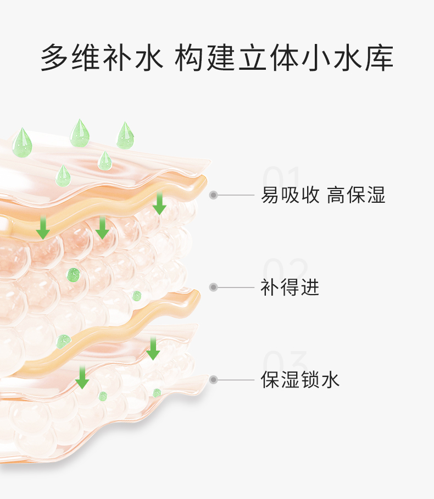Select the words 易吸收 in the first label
pos(291,195)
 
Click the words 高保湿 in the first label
pos(357,195)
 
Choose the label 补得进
pos(290,287)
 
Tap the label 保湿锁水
pos(301,380)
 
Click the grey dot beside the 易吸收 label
pos(214,195)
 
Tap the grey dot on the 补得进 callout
pos(214,287)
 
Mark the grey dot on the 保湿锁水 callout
pos(214,380)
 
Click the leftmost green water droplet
pos(23,142)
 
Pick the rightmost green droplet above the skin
pos(125,136)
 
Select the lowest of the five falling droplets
pos(63,175)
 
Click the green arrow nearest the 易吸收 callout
pos(159,203)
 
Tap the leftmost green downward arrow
pos(43,228)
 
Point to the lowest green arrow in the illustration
pos(82,377)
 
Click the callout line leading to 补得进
pos(236,287)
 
